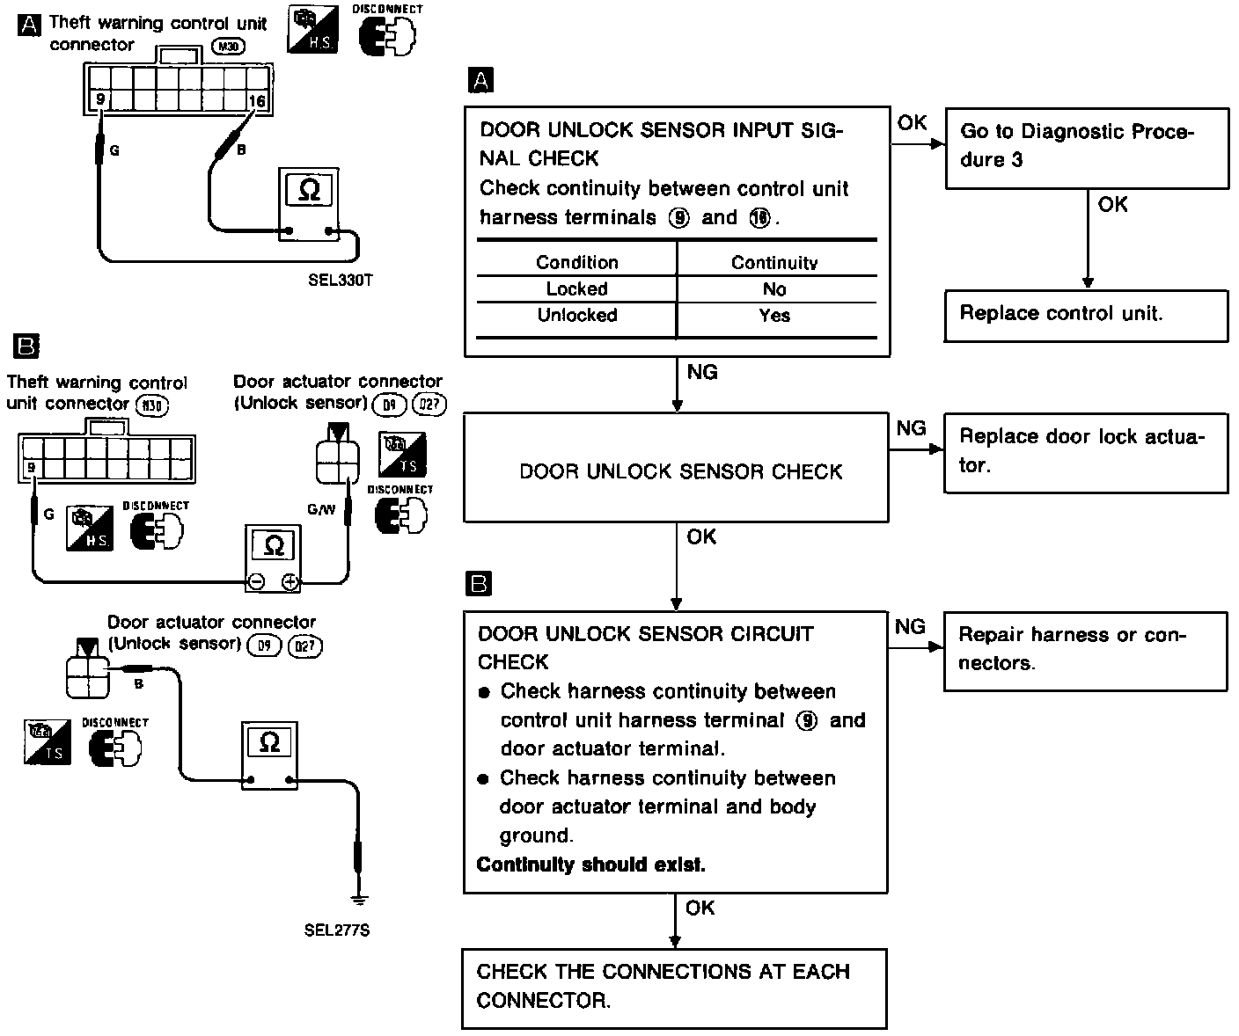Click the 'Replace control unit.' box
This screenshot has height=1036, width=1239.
tap(1086, 315)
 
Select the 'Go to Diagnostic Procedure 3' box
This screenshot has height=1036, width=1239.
tap(1086, 147)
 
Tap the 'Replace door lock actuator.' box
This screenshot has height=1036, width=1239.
tap(1086, 452)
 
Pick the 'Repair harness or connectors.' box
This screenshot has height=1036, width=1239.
tap(1086, 650)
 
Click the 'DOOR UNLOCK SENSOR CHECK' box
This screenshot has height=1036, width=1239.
tap(676, 471)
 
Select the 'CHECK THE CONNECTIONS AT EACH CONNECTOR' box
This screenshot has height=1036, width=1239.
tap(674, 987)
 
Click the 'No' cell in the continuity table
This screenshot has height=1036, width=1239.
tap(775, 289)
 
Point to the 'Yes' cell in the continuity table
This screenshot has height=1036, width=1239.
tap(774, 316)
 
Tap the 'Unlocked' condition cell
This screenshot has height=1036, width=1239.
tap(577, 316)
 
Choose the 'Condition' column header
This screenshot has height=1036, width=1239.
tap(577, 262)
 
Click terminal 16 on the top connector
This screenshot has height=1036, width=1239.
tap(257, 102)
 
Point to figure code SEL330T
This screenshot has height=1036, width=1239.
tap(340, 281)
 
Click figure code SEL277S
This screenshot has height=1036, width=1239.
tap(336, 930)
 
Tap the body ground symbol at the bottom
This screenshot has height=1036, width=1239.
tap(358, 899)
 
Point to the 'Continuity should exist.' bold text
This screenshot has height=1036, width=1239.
tap(590, 865)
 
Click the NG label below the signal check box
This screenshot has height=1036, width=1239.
tap(702, 373)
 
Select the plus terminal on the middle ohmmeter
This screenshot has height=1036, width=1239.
tap(290, 582)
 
